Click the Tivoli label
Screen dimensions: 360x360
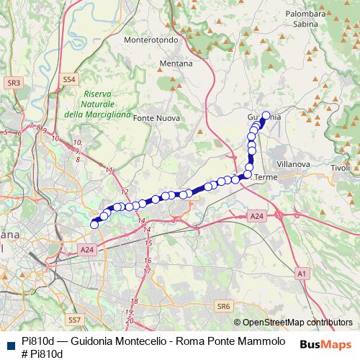[341, 168]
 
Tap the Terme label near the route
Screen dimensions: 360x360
[266, 176]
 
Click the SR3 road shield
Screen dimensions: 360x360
[13, 84]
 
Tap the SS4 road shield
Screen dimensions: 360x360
[69, 78]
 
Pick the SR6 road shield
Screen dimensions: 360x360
[223, 306]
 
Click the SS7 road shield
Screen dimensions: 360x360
[73, 319]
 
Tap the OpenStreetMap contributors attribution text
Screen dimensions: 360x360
[297, 323]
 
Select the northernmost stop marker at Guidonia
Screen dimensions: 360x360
[266, 115]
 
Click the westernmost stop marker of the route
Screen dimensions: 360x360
[94, 225]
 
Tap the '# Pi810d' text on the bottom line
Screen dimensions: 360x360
[42, 354]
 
